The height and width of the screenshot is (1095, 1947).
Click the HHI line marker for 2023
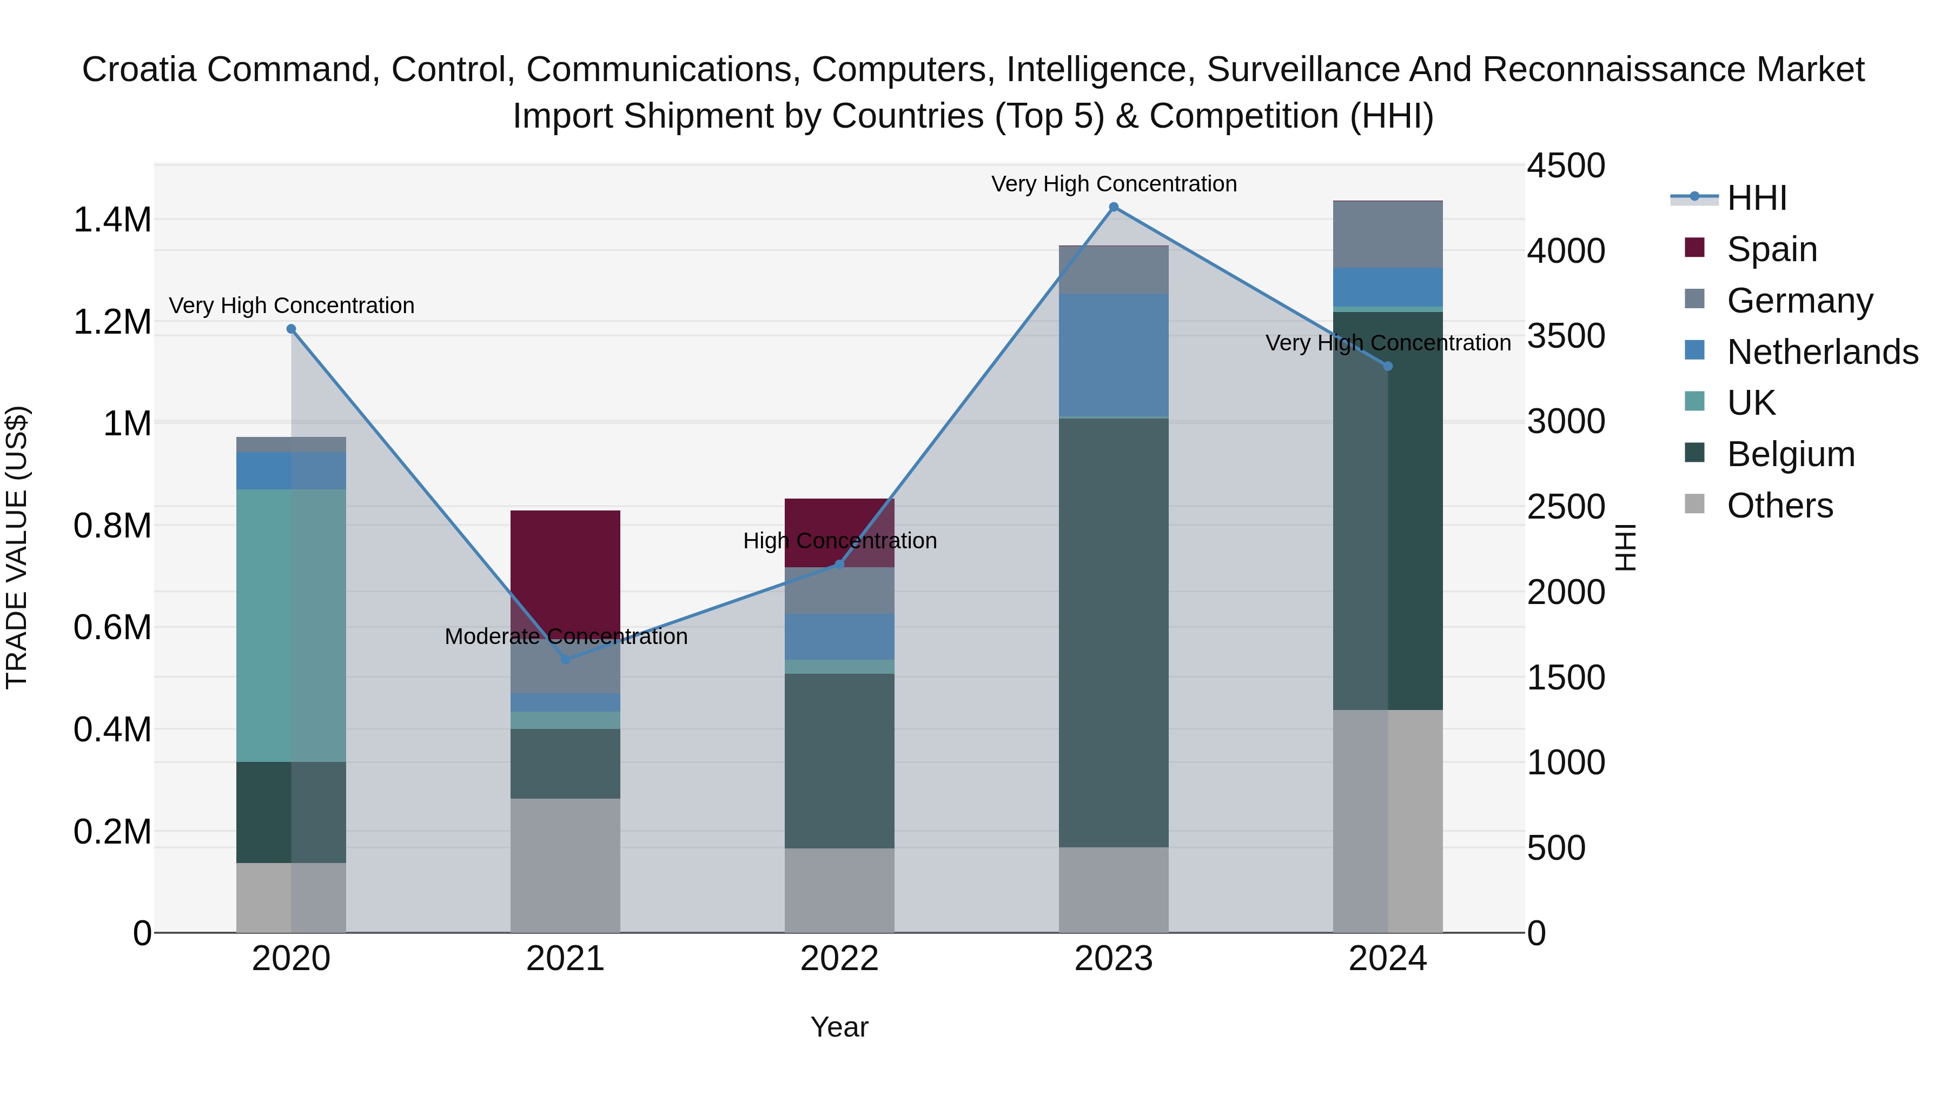(1114, 207)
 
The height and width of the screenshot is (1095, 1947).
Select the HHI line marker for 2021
(565, 660)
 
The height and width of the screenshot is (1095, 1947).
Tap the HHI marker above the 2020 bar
(291, 329)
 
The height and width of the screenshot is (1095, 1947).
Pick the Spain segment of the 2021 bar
(565, 567)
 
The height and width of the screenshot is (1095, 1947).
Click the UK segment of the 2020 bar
(291, 625)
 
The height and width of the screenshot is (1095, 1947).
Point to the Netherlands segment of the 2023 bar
(1114, 355)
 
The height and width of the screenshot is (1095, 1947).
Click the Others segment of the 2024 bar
(1388, 821)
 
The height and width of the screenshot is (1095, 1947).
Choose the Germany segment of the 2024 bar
(1388, 234)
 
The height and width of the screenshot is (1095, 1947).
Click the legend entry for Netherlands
(1822, 352)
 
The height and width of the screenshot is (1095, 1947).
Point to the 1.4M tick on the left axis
(112, 220)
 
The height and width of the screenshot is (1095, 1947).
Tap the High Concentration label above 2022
(840, 541)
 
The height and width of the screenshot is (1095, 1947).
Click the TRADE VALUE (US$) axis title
(17, 547)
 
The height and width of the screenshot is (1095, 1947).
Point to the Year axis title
(839, 1027)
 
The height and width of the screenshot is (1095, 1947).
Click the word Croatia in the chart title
(140, 70)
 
